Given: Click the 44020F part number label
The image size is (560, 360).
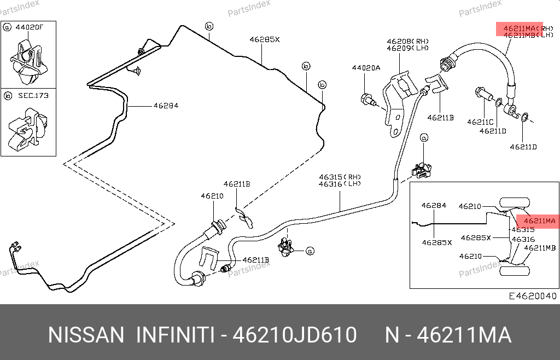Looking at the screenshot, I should pyautogui.click(x=30, y=27).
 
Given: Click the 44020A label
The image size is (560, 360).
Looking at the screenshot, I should pyautogui.click(x=365, y=68).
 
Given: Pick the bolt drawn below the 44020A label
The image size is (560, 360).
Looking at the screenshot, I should pyautogui.click(x=367, y=100).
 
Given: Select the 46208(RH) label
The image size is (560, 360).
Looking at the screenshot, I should pyautogui.click(x=408, y=41).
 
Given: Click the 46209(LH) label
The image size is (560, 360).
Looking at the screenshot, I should pyautogui.click(x=408, y=48).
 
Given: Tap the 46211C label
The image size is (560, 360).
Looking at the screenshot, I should pyautogui.click(x=480, y=122).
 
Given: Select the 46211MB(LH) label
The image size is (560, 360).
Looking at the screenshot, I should pyautogui.click(x=528, y=35).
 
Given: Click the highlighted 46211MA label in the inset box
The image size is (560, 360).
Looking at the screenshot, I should pyautogui.click(x=535, y=221).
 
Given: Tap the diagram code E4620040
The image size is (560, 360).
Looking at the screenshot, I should pyautogui.click(x=532, y=296).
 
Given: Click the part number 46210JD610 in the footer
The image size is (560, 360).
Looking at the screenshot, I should pyautogui.click(x=295, y=335).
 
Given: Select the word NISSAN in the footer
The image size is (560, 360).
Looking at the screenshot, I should pyautogui.click(x=86, y=335).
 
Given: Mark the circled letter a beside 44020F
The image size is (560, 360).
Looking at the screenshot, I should pyautogui.click(x=7, y=27).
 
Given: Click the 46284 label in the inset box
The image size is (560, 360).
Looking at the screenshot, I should pyautogui.click(x=434, y=206).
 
